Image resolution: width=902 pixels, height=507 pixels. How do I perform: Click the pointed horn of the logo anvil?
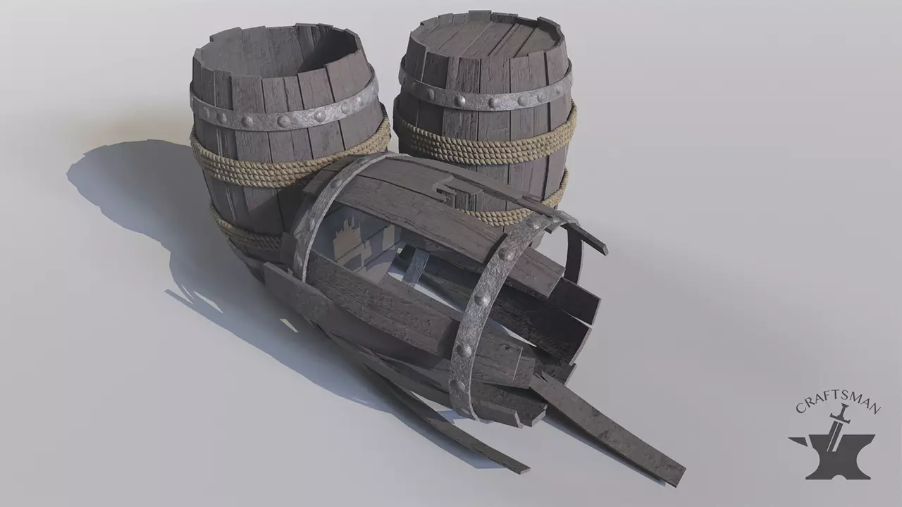tap(797, 441)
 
